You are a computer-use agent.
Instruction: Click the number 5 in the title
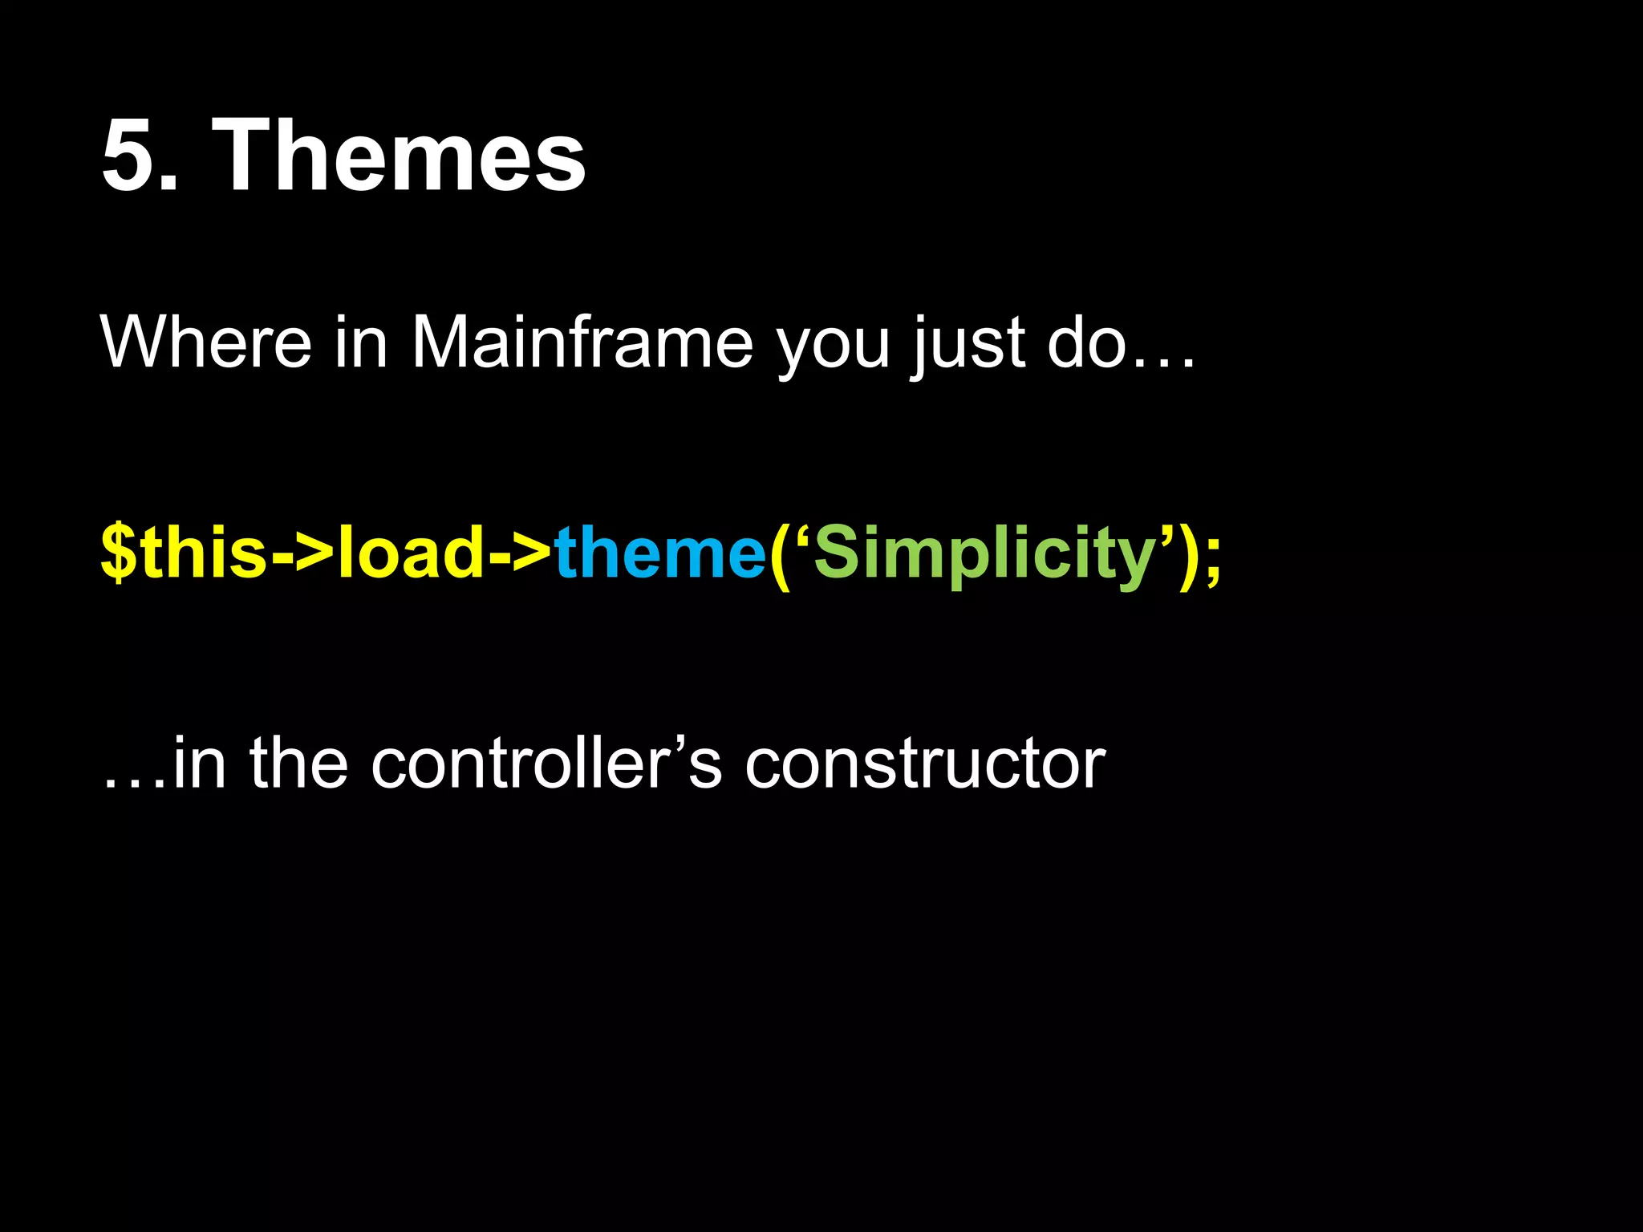click(x=128, y=155)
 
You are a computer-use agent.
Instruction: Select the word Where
click(x=205, y=342)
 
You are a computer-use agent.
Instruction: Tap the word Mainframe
click(x=582, y=342)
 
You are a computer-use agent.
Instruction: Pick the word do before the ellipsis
click(x=1088, y=342)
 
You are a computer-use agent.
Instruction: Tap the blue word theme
click(x=659, y=553)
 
